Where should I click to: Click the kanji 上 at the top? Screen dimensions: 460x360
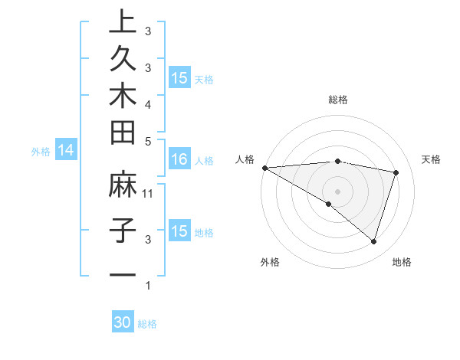pos(122,23)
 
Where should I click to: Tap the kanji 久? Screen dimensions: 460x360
pos(122,59)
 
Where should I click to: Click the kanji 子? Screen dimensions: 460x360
pos(122,231)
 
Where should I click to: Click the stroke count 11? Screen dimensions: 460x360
pos(148,194)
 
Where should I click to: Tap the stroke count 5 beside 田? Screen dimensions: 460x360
pos(148,140)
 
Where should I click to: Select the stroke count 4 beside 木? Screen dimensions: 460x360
pos(148,103)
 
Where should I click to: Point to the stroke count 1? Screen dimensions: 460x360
pos(148,286)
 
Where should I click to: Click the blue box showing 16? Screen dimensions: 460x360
pos(179,160)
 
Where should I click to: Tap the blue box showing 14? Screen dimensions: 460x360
pos(65,151)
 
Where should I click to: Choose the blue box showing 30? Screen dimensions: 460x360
pos(123,322)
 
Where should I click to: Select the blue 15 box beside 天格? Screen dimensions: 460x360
pos(179,78)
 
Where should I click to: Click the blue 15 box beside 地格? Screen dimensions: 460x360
pos(179,231)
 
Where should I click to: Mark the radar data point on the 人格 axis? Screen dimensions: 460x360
pos(264,167)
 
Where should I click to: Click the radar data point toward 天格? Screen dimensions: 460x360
pos(396,172)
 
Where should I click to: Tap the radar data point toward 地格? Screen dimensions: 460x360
pos(373,241)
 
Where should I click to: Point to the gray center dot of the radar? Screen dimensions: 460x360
pos(337,191)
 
